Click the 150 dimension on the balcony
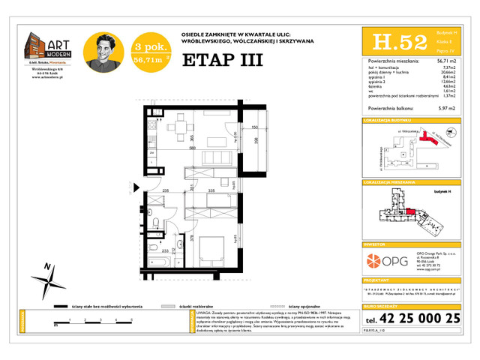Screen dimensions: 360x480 (x=255, y=128)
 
